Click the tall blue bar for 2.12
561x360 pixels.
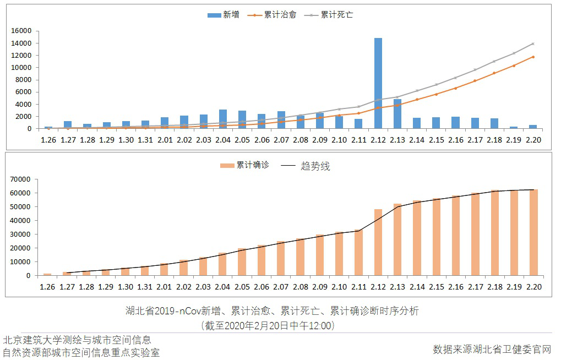378,83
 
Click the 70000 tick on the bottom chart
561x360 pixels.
23,179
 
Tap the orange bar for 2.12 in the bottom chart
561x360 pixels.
378,242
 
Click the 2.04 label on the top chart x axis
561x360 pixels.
223,140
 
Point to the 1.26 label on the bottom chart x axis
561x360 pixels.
48,287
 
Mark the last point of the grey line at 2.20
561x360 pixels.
533,43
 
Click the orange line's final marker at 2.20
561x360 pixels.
533,57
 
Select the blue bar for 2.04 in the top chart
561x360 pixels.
223,119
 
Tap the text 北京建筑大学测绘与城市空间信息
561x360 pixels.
77,340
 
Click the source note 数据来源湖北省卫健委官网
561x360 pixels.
492,349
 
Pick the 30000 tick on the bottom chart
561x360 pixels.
23,234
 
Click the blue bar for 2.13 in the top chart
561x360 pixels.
397,114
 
